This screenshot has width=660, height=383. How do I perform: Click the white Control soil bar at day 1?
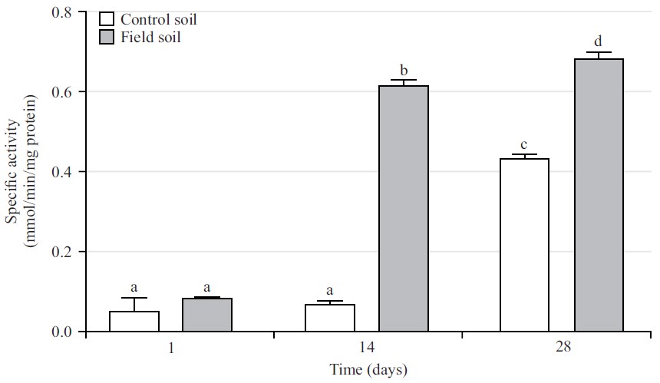click(134, 322)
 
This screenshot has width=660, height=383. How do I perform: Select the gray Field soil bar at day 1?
click(207, 315)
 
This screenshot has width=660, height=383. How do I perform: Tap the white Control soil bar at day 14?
click(330, 319)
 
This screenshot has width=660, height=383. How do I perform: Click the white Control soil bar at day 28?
click(525, 246)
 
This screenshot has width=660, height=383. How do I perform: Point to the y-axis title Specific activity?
click(13, 171)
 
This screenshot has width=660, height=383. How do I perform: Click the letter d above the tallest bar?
click(599, 40)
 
